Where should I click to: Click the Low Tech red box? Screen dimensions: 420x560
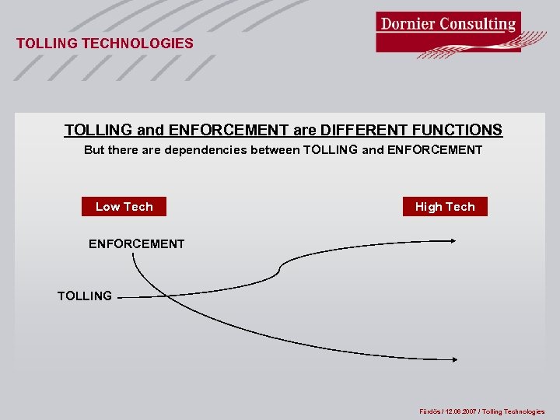click(124, 206)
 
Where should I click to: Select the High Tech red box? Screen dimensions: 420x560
click(445, 206)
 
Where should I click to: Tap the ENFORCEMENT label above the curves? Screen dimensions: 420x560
click(136, 244)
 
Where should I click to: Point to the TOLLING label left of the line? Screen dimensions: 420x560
click(85, 296)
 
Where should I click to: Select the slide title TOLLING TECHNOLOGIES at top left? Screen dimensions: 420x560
click(105, 44)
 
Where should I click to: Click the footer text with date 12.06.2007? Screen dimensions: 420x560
click(481, 411)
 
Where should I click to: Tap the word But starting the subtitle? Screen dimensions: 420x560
click(94, 149)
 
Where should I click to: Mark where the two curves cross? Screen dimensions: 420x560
click(147, 296)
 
